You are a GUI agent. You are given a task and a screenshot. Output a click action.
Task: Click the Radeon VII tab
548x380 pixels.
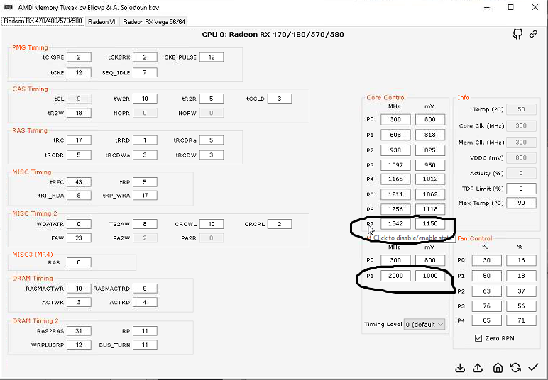tap(102, 22)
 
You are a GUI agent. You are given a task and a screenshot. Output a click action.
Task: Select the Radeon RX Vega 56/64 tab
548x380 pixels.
tap(154, 22)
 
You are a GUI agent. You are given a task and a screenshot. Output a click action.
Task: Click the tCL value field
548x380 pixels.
tap(79, 99)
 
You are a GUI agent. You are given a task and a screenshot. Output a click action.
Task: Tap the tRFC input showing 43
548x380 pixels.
tap(79, 182)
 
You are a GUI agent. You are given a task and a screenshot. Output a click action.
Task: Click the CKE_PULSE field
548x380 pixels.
tap(212, 57)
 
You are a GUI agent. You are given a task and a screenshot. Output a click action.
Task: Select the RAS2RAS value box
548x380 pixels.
tap(79, 330)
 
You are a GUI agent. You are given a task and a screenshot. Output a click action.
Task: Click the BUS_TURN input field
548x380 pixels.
tap(145, 345)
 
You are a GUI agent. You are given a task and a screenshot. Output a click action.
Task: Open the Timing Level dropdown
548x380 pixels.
tap(424, 324)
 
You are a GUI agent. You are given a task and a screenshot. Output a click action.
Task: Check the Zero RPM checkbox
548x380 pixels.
tap(477, 338)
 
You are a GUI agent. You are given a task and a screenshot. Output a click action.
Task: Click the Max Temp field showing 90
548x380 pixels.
tap(521, 203)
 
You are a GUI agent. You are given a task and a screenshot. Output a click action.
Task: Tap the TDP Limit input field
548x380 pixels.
tap(521, 188)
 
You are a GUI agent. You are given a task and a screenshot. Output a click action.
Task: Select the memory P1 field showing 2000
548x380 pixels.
tap(395, 276)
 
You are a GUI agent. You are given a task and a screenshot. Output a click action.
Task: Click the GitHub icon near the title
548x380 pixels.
tap(518, 34)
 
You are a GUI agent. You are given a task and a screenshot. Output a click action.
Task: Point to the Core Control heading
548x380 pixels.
tap(386, 97)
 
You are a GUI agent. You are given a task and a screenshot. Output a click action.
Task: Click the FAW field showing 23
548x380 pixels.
tap(79, 238)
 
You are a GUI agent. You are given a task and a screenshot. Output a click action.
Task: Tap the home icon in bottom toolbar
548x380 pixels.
tap(498, 367)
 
